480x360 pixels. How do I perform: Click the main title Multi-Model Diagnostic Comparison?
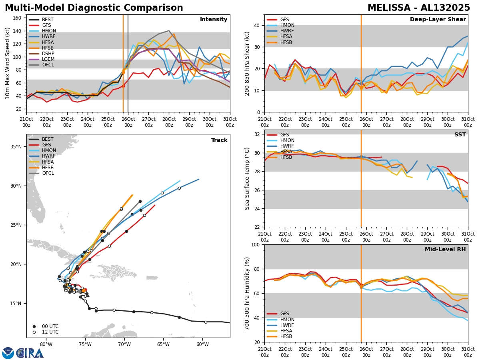(x=94, y=8)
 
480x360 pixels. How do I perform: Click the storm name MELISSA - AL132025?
(x=419, y=8)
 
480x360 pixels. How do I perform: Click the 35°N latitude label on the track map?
(x=16, y=147)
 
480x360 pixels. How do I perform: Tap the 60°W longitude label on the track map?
(x=202, y=345)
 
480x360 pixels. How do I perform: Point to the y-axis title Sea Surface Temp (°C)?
(x=248, y=178)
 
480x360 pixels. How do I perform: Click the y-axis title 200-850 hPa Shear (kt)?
(x=248, y=63)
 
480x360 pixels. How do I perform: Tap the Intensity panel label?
(x=214, y=20)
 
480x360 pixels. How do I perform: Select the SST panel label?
(x=460, y=135)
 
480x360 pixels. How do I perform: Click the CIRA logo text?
(x=30, y=353)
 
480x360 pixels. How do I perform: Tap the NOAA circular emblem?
(x=8, y=353)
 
